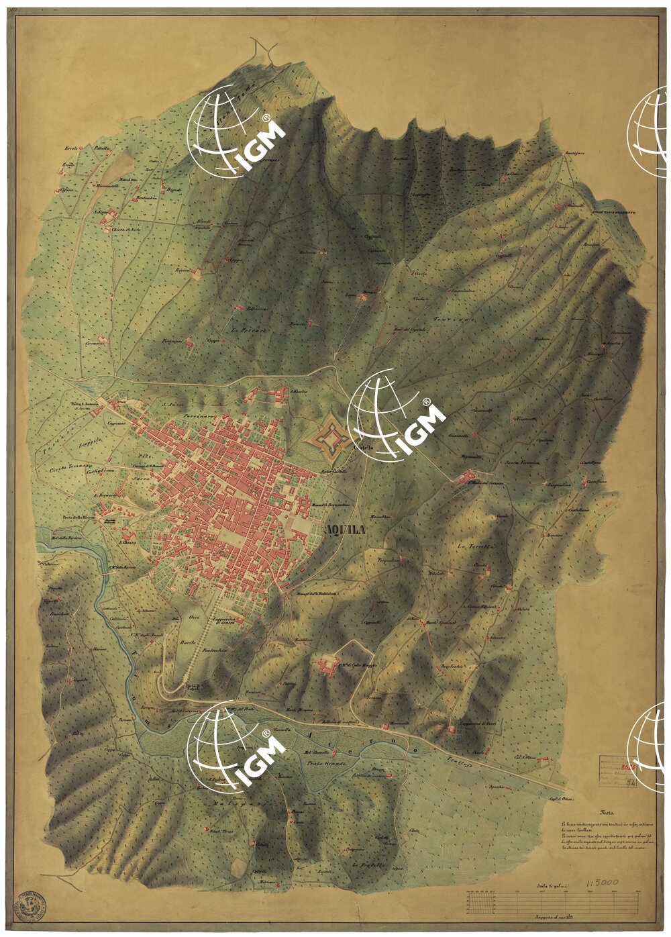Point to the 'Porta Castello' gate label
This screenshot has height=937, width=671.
[x=333, y=472]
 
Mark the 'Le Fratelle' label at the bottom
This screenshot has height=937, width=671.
[x=366, y=867]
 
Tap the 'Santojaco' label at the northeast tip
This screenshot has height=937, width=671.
[x=576, y=153]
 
